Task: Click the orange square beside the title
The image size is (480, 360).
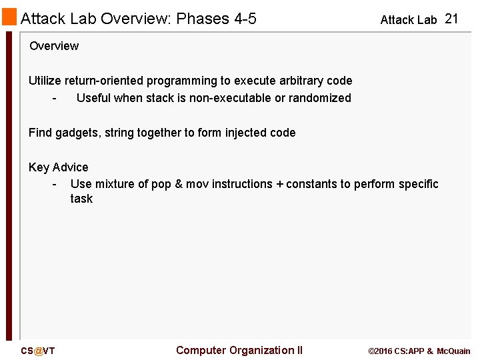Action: [9, 17]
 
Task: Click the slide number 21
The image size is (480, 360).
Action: [451, 19]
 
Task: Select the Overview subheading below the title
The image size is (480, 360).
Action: [54, 46]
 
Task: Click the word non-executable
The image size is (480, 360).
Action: [223, 98]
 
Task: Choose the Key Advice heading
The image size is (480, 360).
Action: [58, 167]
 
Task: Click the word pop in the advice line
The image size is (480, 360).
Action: [161, 184]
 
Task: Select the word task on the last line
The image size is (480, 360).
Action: [81, 199]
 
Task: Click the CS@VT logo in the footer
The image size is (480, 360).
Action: [37, 351]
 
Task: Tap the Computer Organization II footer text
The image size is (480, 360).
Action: [239, 351]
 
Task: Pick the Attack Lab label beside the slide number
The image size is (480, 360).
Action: [408, 20]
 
